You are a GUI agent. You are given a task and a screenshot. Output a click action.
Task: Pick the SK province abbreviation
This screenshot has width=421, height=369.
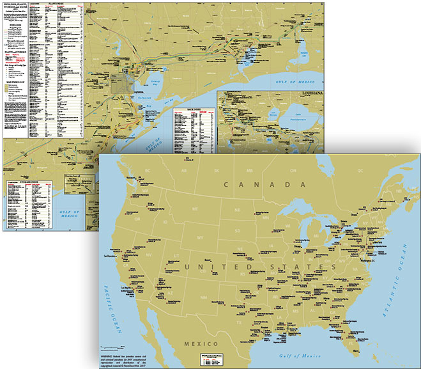click(217, 171)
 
